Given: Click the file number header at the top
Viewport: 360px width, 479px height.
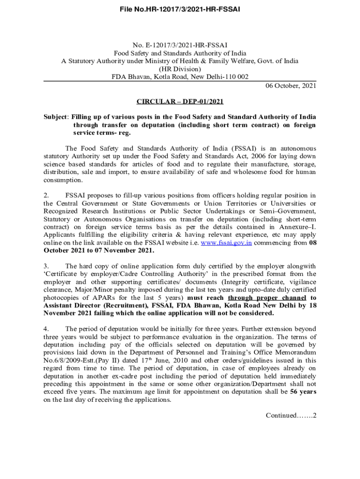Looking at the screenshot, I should (180, 9).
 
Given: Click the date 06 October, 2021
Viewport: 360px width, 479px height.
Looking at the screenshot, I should (291, 86).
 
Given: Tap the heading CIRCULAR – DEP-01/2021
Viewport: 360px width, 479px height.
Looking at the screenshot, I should (180, 102).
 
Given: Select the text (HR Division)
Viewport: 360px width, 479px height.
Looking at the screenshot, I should (180, 69).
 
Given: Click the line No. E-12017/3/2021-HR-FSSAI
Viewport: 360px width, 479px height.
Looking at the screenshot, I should (180, 45).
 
